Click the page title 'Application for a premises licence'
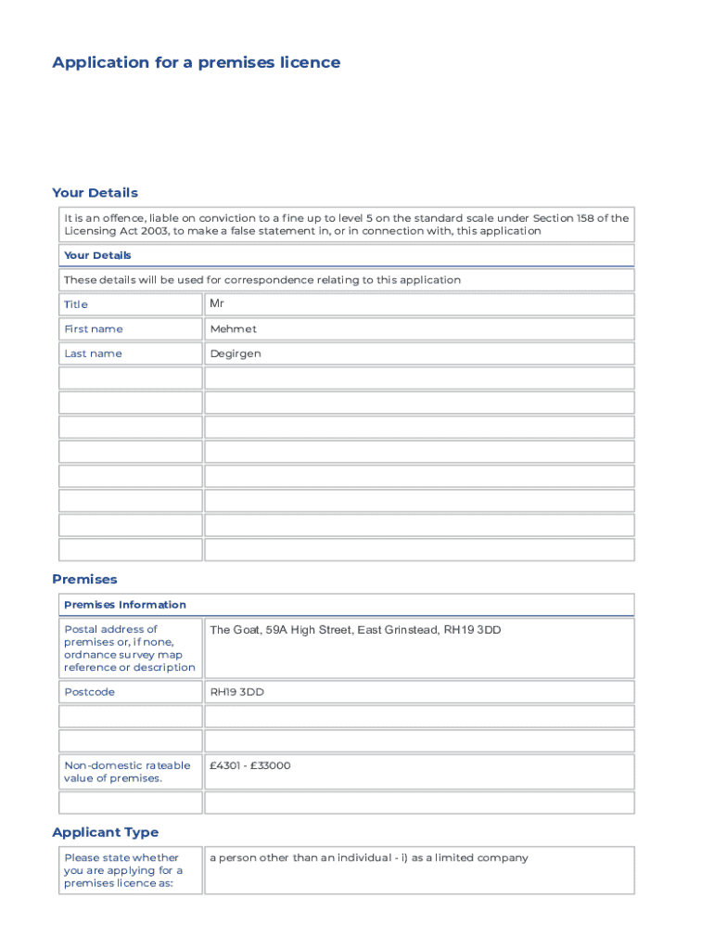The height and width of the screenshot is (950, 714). point(196,63)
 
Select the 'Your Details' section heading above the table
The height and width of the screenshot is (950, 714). point(95,193)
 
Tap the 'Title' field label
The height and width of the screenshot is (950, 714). point(76,304)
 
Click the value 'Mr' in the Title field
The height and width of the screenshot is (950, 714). point(217,303)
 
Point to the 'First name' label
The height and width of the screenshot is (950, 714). point(93,329)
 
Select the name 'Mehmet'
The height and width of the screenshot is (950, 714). point(233,328)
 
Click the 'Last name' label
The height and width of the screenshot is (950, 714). point(93,353)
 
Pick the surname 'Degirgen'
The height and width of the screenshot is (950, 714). point(236,353)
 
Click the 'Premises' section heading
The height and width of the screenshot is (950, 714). point(84,579)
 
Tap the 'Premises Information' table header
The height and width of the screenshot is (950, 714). point(124,605)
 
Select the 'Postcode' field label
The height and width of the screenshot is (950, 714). point(89,692)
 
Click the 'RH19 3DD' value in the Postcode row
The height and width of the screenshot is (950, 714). point(236,691)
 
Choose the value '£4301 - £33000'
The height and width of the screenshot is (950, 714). point(250,765)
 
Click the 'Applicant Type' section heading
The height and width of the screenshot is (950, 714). point(105,832)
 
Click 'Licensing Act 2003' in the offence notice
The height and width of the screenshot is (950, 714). point(115,231)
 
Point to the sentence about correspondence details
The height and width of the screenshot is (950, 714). point(261,280)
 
